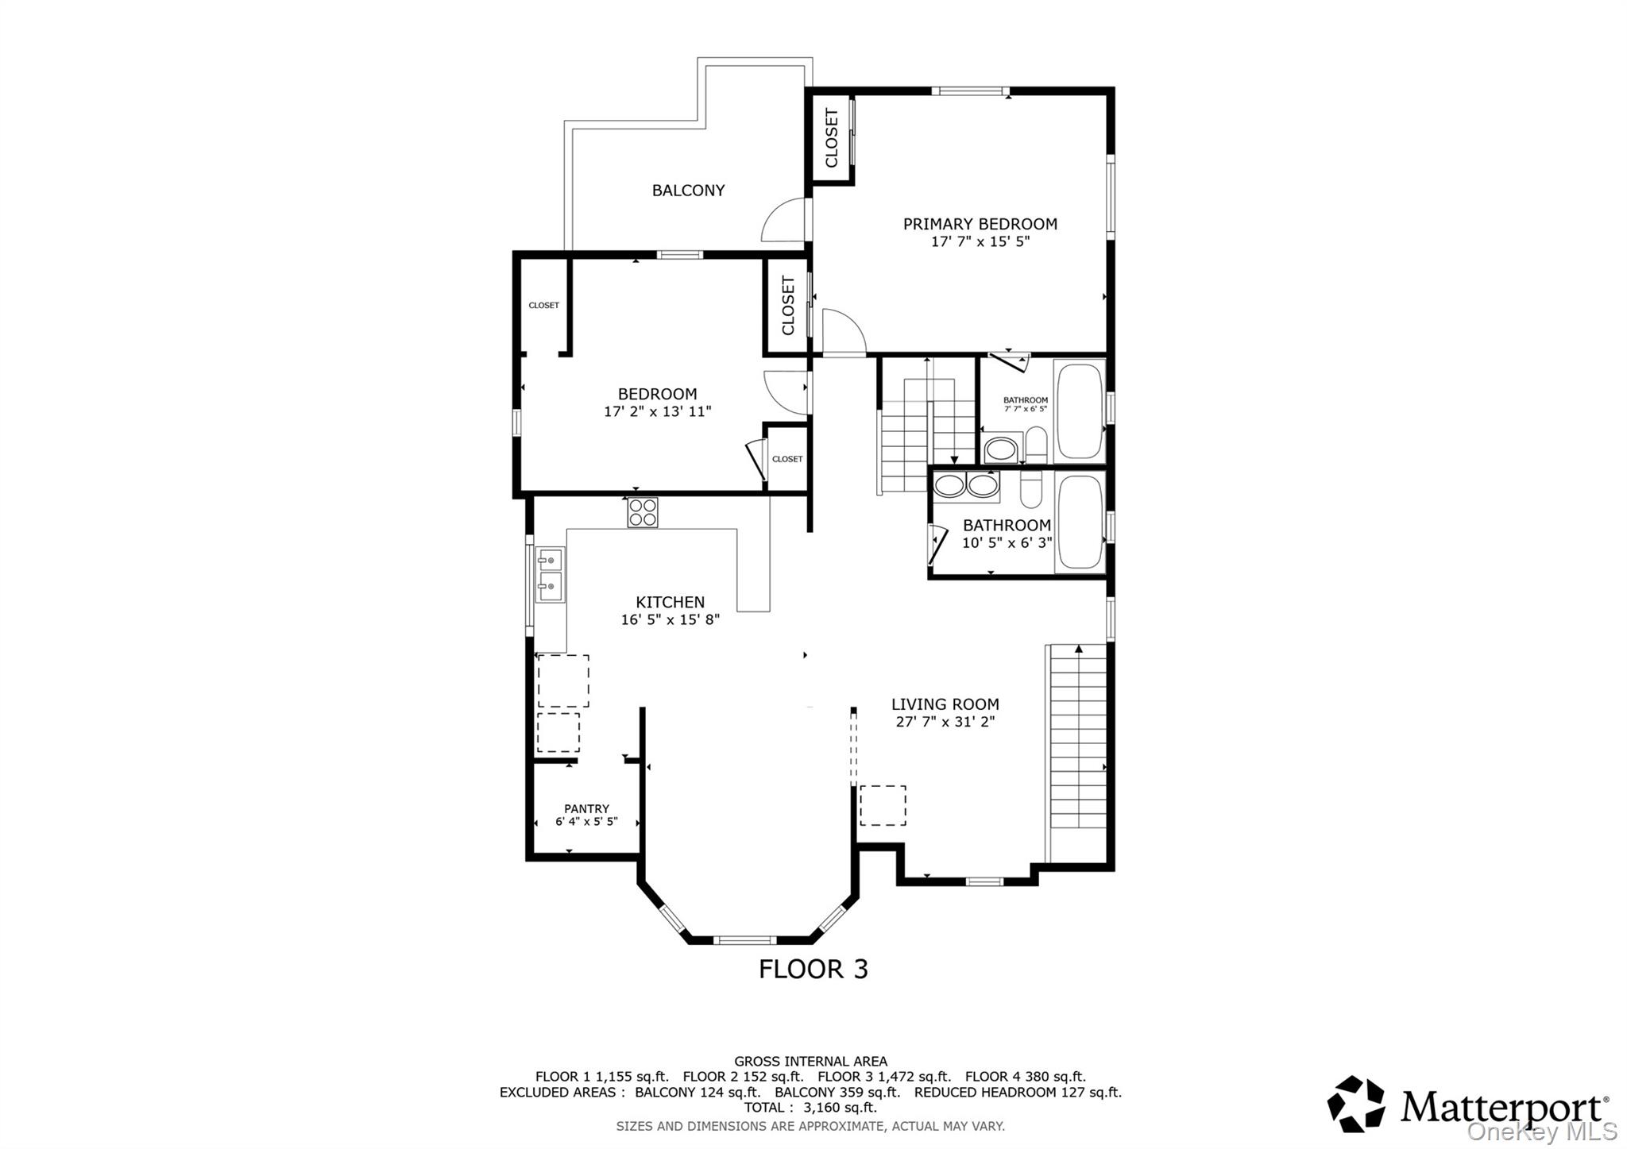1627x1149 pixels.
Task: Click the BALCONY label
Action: tap(688, 191)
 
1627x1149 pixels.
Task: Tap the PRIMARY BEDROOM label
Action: tap(980, 224)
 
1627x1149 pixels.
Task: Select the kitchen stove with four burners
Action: tap(643, 512)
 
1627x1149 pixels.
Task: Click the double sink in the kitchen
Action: tap(549, 575)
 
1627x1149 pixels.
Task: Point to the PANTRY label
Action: tap(586, 808)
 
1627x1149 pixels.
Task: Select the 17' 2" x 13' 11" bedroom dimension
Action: tap(657, 411)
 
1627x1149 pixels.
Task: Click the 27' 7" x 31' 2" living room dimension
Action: tap(945, 722)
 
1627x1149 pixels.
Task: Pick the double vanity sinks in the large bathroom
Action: tap(966, 485)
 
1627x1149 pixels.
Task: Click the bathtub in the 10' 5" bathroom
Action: tap(1079, 522)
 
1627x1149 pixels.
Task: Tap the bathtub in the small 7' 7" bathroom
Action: tap(1079, 411)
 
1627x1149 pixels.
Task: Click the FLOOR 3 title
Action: tap(813, 969)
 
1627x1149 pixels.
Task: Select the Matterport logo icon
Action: tap(1355, 1104)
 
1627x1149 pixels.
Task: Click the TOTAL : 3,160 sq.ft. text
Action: tap(810, 1108)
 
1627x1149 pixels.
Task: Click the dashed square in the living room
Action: tap(883, 805)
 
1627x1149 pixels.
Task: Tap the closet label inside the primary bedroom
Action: tap(831, 139)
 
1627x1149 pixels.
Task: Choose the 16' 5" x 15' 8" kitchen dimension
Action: tap(670, 619)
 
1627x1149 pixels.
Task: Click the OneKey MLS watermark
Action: tap(1541, 1131)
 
